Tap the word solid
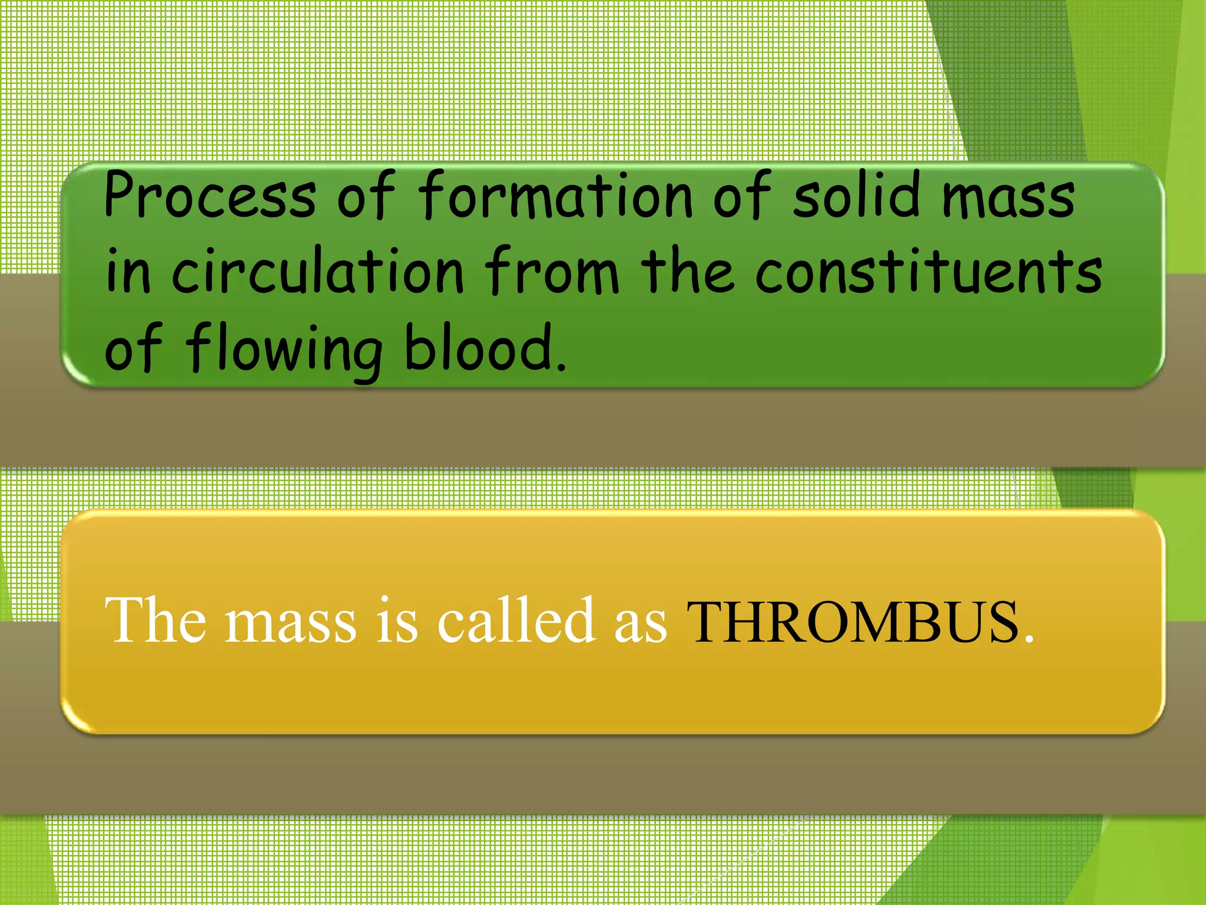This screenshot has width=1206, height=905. (x=857, y=194)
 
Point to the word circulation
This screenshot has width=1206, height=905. (x=318, y=271)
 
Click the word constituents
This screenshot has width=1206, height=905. (x=929, y=271)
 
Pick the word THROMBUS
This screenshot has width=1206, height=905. (x=853, y=622)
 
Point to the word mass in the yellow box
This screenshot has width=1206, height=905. (x=291, y=625)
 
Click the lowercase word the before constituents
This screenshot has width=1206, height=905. (x=687, y=271)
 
